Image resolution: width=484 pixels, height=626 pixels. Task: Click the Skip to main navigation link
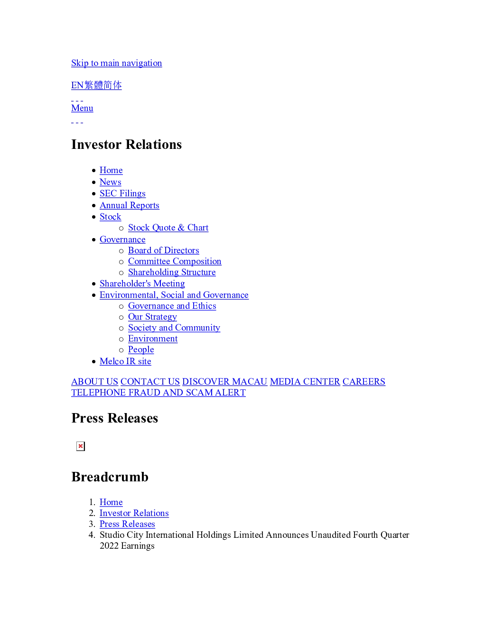click(116, 63)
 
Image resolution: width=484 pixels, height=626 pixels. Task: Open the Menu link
click(82, 108)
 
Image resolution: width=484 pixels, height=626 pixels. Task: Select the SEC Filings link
click(122, 193)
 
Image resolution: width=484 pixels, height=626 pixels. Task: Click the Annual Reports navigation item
click(130, 205)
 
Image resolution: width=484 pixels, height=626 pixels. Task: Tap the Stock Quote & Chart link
click(168, 228)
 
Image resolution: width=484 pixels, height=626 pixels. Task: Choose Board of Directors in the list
click(163, 250)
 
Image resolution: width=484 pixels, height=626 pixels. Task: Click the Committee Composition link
click(175, 261)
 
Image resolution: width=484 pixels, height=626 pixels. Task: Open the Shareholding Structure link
click(172, 272)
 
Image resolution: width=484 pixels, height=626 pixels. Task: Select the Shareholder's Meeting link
click(142, 284)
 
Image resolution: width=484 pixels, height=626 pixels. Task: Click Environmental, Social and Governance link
click(174, 295)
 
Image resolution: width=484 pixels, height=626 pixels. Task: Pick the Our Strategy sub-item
click(152, 317)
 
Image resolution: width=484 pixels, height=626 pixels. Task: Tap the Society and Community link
click(174, 328)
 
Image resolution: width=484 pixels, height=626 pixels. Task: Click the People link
click(141, 350)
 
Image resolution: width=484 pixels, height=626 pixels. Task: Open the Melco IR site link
click(125, 361)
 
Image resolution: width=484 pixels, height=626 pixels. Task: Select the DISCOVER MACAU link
click(225, 382)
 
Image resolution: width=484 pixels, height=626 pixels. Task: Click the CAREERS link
click(364, 382)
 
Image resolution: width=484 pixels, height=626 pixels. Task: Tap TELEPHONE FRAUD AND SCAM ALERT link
click(158, 393)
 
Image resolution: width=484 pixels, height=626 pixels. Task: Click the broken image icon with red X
click(80, 446)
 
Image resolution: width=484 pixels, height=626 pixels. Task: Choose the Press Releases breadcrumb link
click(127, 524)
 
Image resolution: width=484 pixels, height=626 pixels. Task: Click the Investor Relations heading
click(127, 144)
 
